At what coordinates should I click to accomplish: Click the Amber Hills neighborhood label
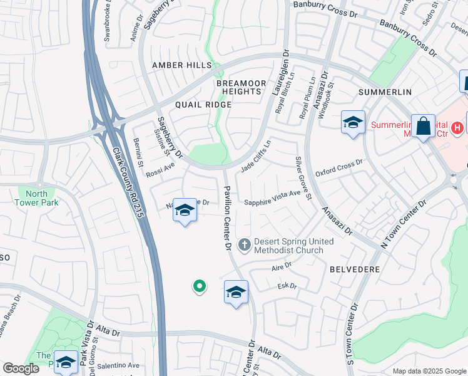pyautogui.click(x=177, y=65)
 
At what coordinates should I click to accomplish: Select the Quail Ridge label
pyautogui.click(x=203, y=105)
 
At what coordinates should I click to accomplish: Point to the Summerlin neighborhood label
pyautogui.click(x=385, y=92)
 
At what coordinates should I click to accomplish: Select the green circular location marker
pyautogui.click(x=200, y=286)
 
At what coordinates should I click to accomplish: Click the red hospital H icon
pyautogui.click(x=457, y=127)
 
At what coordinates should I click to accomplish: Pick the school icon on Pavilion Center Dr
pyautogui.click(x=236, y=292)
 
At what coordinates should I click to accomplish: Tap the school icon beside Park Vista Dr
pyautogui.click(x=66, y=362)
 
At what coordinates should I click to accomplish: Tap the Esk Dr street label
pyautogui.click(x=286, y=286)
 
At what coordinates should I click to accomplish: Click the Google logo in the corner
pyautogui.click(x=21, y=368)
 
